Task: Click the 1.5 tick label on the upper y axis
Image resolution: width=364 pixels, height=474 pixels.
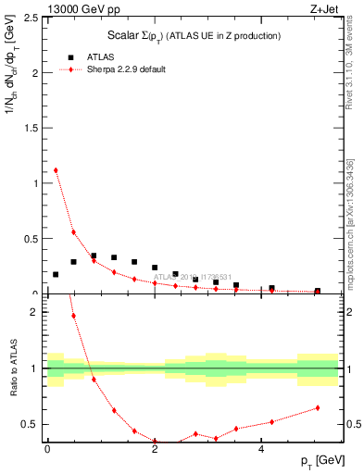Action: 30,128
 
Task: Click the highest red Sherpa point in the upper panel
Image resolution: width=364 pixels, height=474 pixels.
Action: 56,170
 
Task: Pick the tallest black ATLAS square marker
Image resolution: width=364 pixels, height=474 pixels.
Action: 94,256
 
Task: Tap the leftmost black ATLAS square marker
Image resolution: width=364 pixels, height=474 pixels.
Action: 56,274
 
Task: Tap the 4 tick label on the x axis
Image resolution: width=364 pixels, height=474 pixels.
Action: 261,449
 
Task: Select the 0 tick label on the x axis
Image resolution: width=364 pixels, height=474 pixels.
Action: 47,449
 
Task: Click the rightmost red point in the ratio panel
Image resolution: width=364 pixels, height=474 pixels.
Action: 318,407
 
